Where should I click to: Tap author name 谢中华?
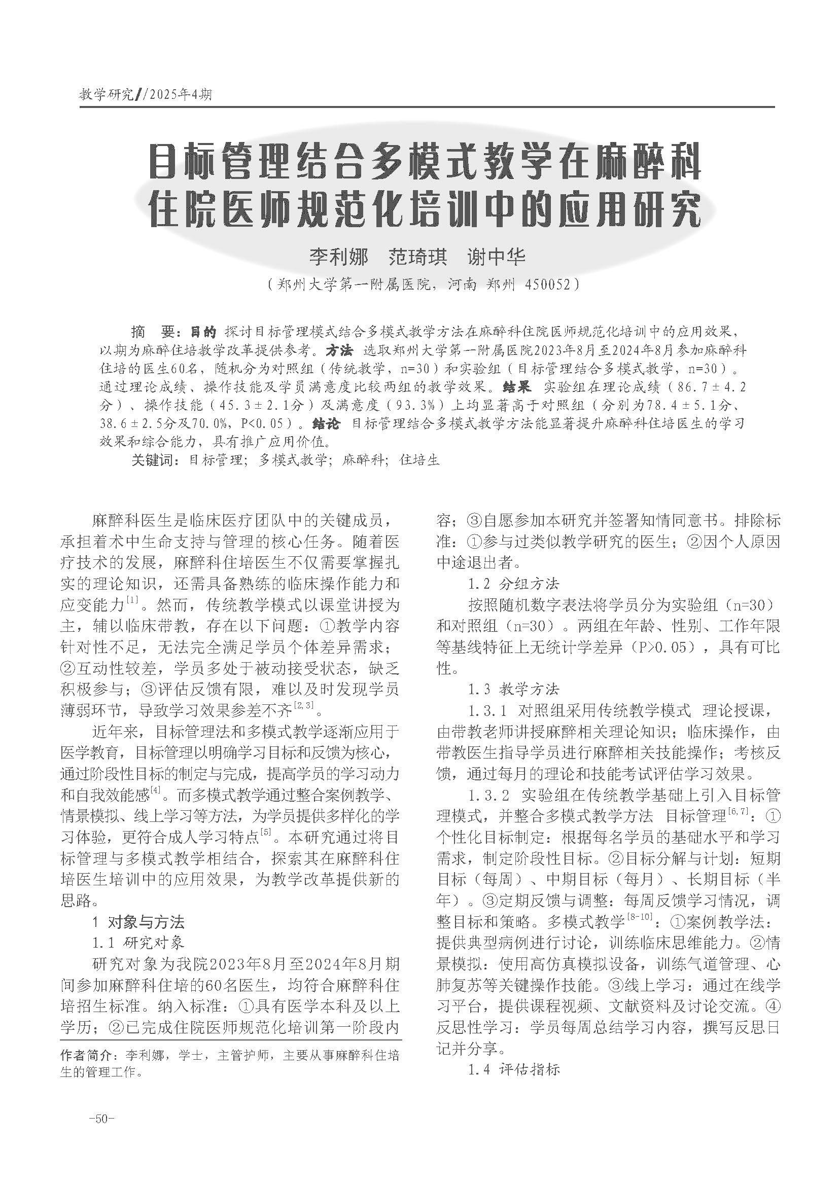496,257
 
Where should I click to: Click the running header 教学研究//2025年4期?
145,94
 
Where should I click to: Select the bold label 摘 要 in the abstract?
155,331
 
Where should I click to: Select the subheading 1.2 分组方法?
513,584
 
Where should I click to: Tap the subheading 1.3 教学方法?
513,690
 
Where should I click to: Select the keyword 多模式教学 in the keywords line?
293,460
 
